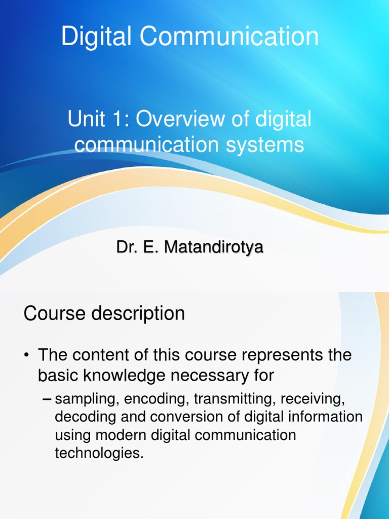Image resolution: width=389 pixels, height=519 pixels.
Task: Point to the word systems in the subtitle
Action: pos(266,145)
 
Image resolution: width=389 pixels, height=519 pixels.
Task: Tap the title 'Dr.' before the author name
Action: pos(126,248)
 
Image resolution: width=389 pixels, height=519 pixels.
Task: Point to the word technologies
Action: pos(99,453)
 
